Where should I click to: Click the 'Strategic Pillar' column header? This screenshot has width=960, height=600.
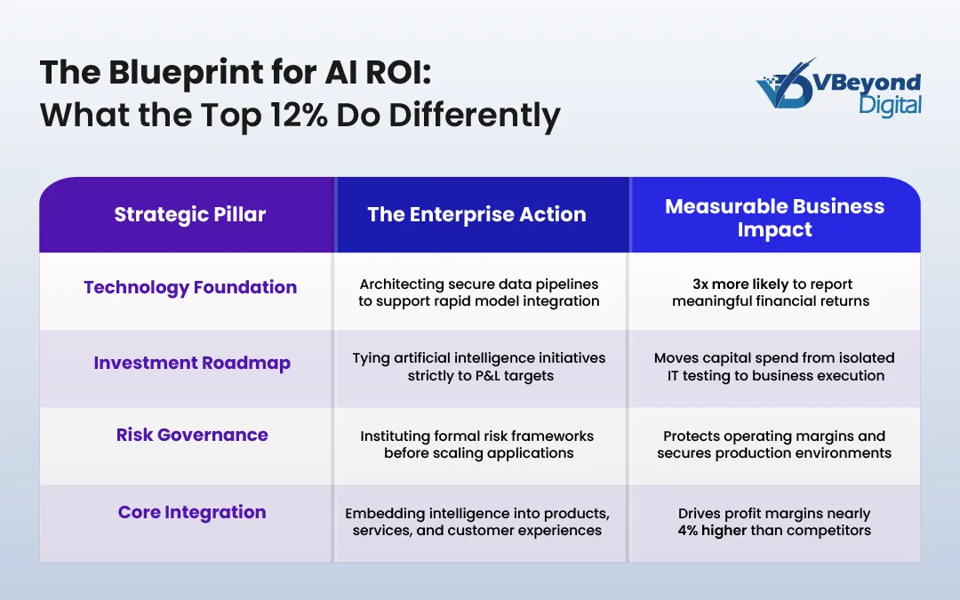[189, 214]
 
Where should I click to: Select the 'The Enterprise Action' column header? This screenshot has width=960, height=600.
[476, 214]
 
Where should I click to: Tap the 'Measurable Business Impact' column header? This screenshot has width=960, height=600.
[774, 218]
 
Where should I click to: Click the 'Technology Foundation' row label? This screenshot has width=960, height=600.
[189, 287]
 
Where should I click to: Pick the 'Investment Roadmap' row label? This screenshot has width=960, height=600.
[192, 363]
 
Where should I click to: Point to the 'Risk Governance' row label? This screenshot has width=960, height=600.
[192, 435]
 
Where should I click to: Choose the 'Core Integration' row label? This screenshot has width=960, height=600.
[192, 512]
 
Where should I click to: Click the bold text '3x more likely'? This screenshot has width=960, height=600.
[740, 284]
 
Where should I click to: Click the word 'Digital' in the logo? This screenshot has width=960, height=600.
[890, 106]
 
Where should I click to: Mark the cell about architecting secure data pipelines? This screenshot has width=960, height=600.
[478, 292]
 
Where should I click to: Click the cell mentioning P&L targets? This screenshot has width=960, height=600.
[478, 366]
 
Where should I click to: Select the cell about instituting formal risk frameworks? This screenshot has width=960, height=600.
[478, 444]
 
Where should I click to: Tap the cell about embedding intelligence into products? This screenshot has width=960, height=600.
[478, 522]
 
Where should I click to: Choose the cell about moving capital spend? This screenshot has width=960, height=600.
[774, 366]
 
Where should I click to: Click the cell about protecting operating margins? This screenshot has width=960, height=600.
[774, 444]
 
